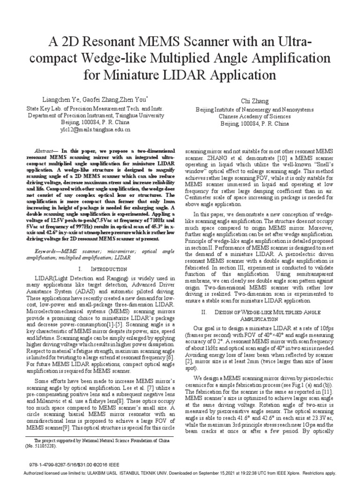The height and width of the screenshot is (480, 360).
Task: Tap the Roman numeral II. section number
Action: pyautogui.click(x=203, y=312)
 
